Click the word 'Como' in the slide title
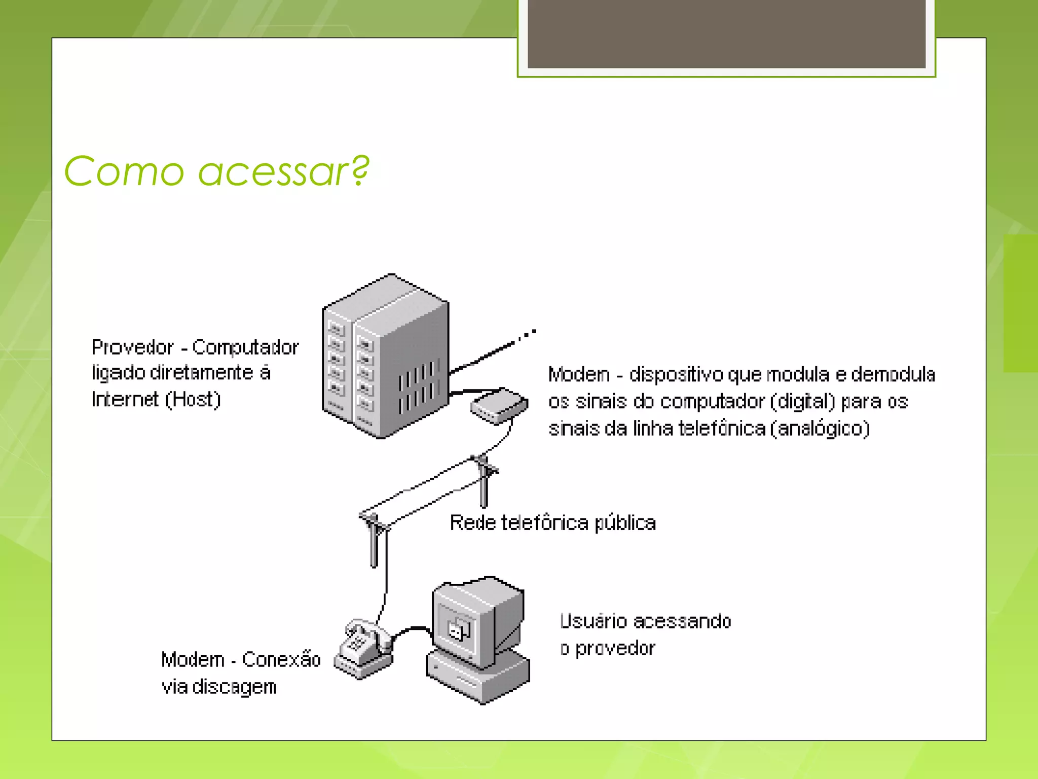click(124, 171)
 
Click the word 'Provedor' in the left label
click(133, 347)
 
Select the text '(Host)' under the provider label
click(193, 400)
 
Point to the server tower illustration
click(385, 355)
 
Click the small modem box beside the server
click(499, 406)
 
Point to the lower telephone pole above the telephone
click(374, 540)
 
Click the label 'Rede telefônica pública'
click(552, 523)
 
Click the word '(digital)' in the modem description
click(802, 402)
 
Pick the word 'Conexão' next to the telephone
click(281, 659)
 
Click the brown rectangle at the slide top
click(726, 33)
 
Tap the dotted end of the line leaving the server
click(527, 334)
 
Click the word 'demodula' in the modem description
click(893, 374)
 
